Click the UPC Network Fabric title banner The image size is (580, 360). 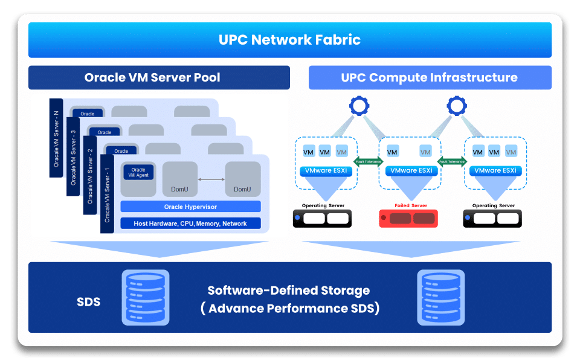[290, 40]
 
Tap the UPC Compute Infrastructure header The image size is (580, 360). [430, 77]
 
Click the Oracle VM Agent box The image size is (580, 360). [138, 173]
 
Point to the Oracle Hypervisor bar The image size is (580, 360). [190, 207]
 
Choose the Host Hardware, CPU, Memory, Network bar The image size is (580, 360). [190, 223]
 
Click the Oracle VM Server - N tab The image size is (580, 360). [56, 138]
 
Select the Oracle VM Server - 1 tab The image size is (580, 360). [108, 194]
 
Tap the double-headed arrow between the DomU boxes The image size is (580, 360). [211, 179]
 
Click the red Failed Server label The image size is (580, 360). [411, 206]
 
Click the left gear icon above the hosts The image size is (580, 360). [359, 107]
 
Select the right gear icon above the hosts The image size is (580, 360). [457, 107]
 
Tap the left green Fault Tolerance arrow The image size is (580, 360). [368, 161]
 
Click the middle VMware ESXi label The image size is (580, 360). [411, 171]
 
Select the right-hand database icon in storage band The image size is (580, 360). [437, 297]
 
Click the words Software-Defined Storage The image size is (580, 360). [288, 291]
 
